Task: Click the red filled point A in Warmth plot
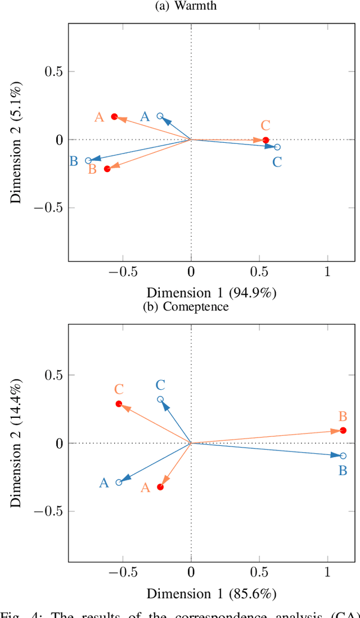[x=114, y=116]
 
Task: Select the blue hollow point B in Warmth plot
[x=88, y=161]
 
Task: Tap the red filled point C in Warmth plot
[x=265, y=140]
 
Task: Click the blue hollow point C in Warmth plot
[x=277, y=147]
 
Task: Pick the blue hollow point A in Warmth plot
[x=160, y=116]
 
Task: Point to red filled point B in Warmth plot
[x=107, y=169]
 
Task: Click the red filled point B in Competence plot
[x=343, y=430]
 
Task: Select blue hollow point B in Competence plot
[x=343, y=455]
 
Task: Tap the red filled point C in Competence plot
[x=119, y=404]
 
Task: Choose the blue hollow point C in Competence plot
[x=160, y=399]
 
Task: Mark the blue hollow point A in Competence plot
[x=119, y=482]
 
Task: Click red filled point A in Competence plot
[x=160, y=487]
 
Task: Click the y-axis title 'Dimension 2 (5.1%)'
[x=17, y=141]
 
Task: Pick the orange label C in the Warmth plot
[x=265, y=125]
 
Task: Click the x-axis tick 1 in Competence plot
[x=328, y=574]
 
